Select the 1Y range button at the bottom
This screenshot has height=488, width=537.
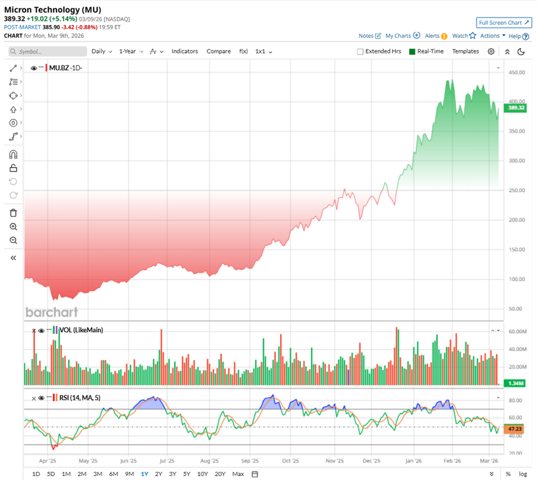click(x=145, y=474)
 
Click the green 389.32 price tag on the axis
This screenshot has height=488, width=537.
click(x=514, y=108)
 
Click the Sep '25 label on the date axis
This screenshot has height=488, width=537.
click(x=250, y=460)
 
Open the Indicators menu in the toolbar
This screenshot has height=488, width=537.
click(x=184, y=51)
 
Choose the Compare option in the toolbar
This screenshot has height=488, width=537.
click(x=218, y=51)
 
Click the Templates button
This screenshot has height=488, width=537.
click(x=465, y=51)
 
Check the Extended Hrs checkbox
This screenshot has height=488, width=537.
click(x=360, y=52)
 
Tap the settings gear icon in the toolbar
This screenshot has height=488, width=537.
click(x=491, y=51)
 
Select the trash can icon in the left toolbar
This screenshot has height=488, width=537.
click(x=14, y=213)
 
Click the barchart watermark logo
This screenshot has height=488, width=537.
click(x=51, y=312)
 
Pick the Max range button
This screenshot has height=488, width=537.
click(x=238, y=474)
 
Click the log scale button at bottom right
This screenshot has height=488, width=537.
click(x=523, y=474)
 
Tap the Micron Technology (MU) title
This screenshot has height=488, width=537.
click(x=52, y=10)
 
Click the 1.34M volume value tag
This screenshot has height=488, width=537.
click(x=515, y=383)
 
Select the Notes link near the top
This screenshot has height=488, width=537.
click(x=369, y=36)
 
